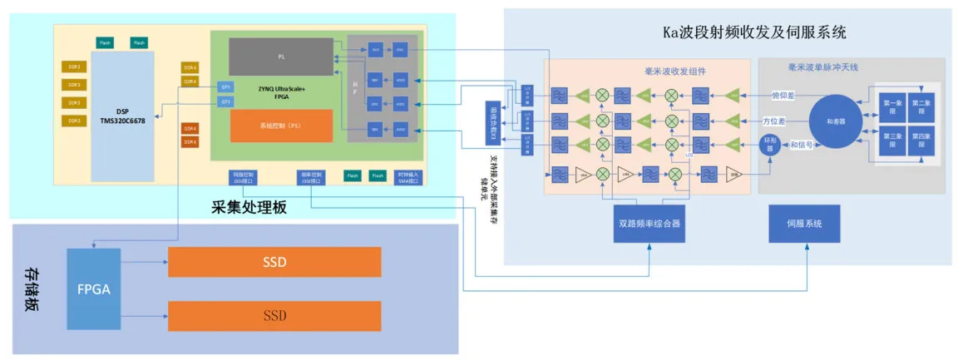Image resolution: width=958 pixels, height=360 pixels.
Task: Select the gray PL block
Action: (281, 57)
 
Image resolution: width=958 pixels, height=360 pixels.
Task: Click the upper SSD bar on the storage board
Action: (274, 262)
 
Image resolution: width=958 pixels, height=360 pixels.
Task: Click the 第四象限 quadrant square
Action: (921, 139)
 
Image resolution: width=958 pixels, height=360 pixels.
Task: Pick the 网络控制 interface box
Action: (243, 177)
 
